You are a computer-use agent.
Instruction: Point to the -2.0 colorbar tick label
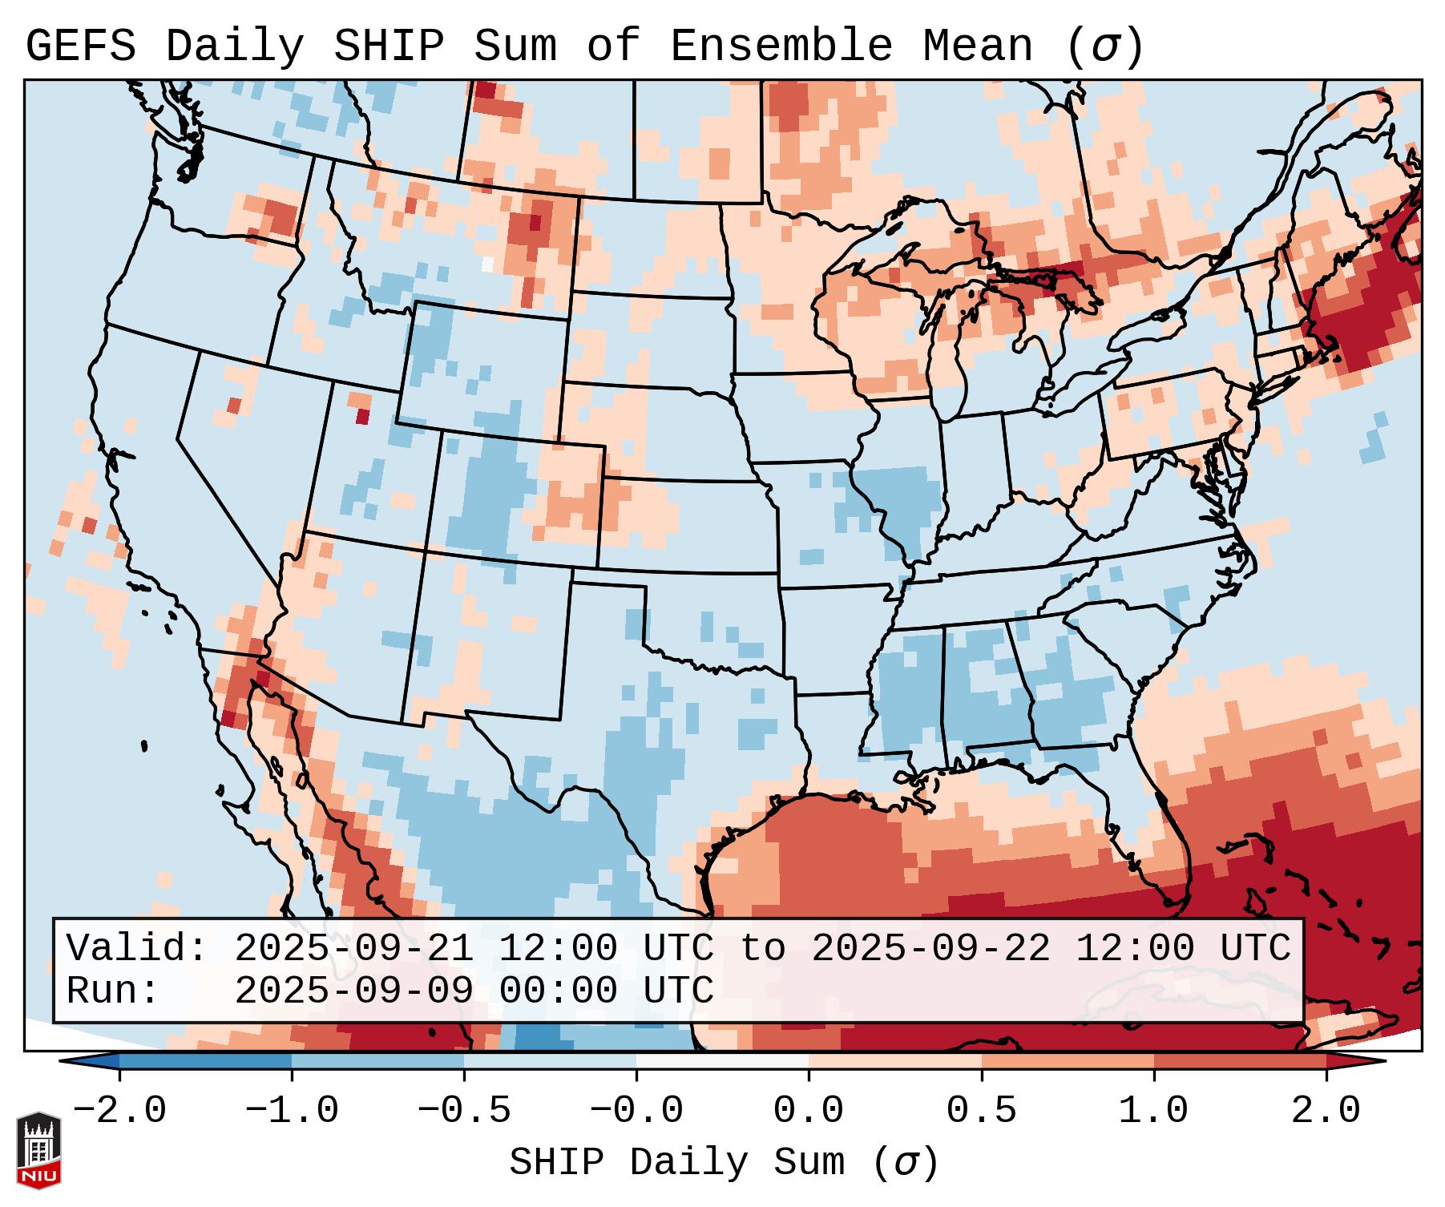[x=119, y=1111]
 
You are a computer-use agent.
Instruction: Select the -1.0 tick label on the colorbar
[x=292, y=1111]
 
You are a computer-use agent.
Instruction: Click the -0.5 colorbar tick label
[x=464, y=1111]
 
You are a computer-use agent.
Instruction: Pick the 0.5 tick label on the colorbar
[x=982, y=1111]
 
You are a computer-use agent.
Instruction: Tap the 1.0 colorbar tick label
[x=1154, y=1111]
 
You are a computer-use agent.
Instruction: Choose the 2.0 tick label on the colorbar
[x=1326, y=1111]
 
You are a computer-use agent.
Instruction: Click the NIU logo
[x=38, y=1149]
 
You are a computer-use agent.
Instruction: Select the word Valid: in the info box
[x=137, y=948]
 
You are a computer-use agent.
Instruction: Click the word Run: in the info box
[x=113, y=991]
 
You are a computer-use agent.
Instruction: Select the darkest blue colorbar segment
[x=205, y=1060]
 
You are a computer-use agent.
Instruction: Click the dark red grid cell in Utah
[x=362, y=417]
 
